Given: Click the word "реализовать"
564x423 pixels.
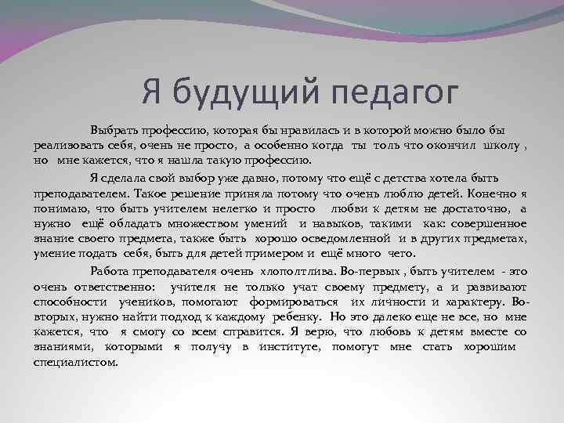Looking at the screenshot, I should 66,146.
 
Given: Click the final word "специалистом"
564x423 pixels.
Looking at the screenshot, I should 75,362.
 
